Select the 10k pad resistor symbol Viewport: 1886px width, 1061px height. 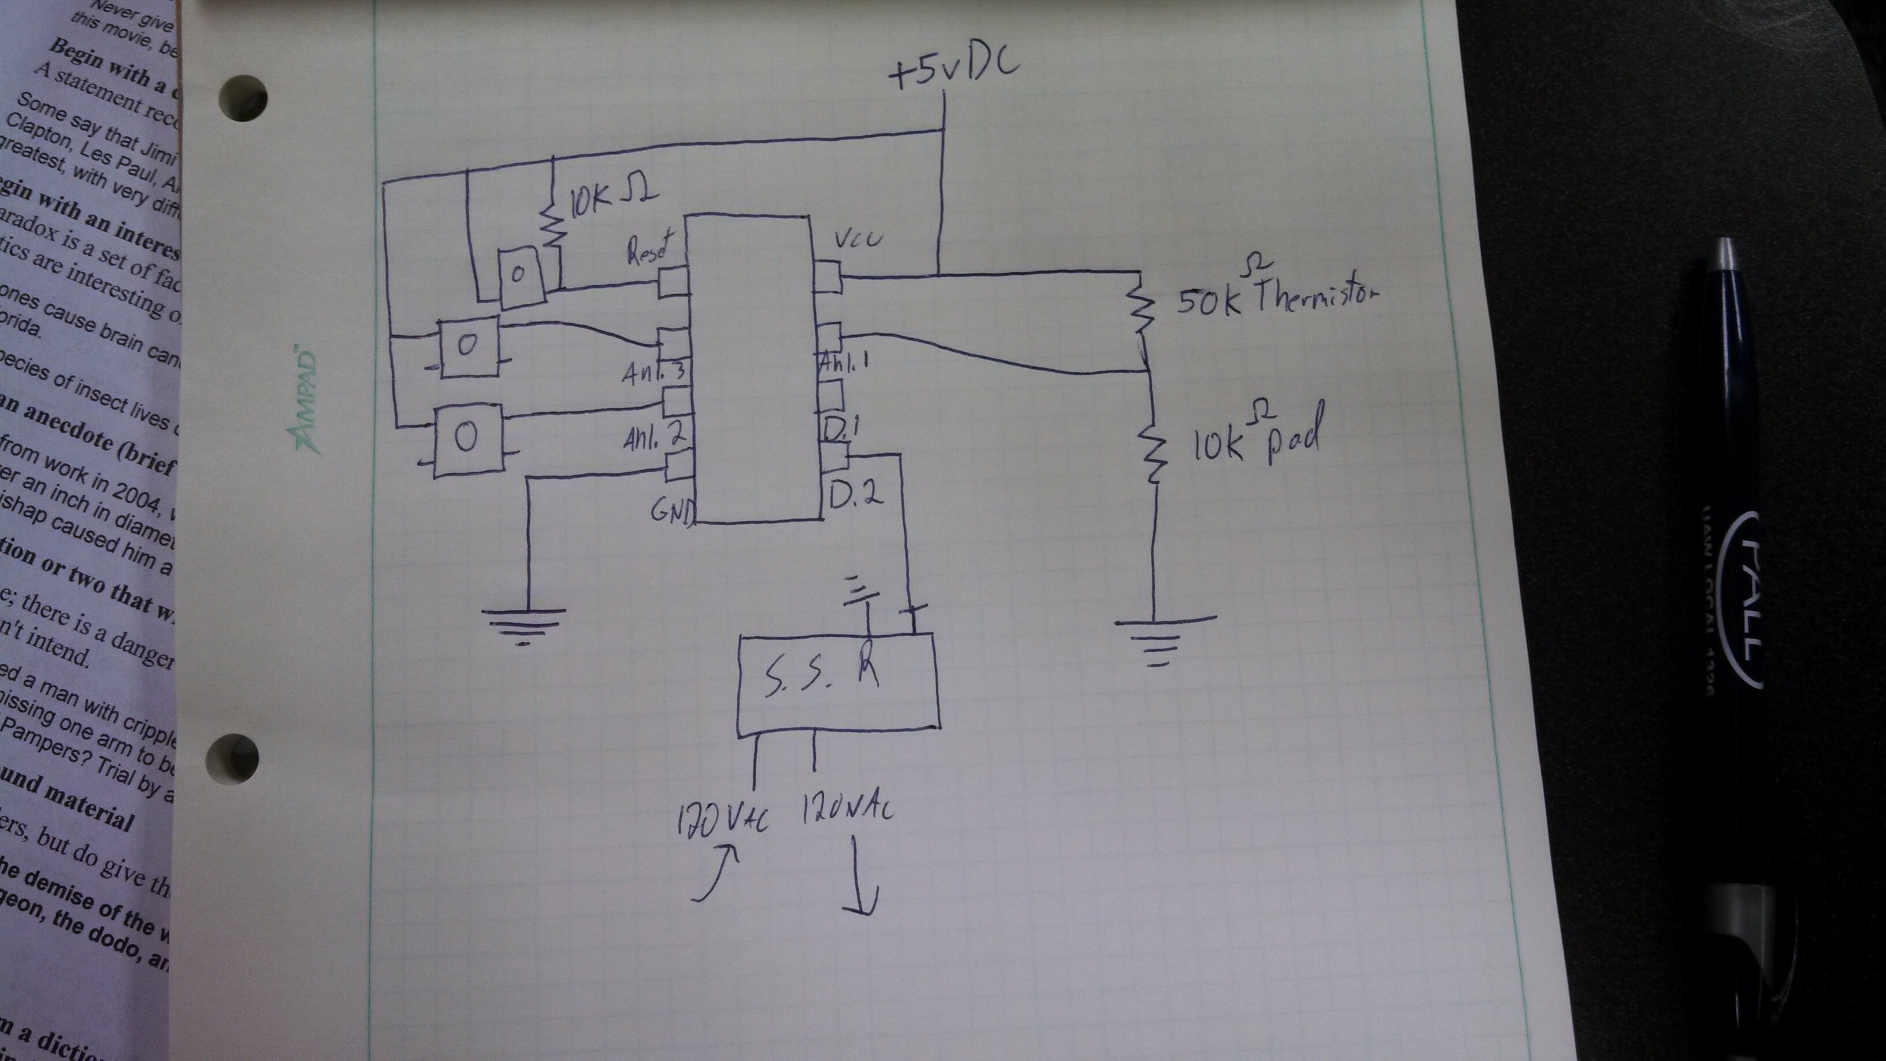[x=1152, y=454]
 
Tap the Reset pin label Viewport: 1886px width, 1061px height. [x=648, y=247]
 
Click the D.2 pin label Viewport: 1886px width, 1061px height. [x=856, y=496]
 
